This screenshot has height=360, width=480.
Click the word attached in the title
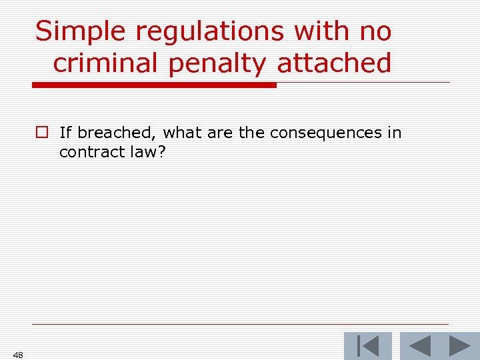(x=334, y=63)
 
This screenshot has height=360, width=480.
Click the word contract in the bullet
(x=87, y=152)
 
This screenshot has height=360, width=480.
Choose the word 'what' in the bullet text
(x=183, y=133)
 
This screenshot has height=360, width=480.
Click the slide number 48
(x=18, y=355)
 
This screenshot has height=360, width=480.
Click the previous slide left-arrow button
(x=418, y=346)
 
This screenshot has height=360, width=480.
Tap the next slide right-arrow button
(x=459, y=346)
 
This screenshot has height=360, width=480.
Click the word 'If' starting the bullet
(x=65, y=133)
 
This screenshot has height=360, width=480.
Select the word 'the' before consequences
(x=251, y=133)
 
